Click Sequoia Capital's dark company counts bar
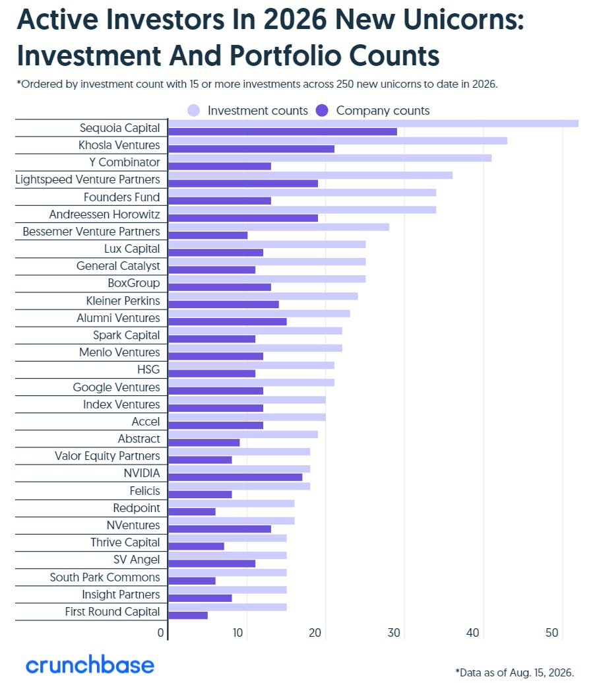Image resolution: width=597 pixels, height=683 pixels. (x=282, y=131)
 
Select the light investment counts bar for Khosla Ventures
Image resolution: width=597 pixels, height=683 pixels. (x=338, y=141)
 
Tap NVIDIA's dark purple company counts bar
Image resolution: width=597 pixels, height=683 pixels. (x=235, y=477)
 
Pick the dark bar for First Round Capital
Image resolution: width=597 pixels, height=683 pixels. (x=188, y=616)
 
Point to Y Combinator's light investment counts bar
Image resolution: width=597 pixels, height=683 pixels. (x=330, y=158)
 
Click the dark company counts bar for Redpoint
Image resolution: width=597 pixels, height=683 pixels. (x=192, y=512)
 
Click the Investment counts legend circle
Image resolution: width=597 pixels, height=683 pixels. (x=194, y=111)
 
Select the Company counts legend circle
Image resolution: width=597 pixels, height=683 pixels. (x=322, y=111)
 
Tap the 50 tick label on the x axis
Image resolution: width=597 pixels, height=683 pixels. (x=551, y=633)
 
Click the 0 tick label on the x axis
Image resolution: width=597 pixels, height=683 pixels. (x=161, y=633)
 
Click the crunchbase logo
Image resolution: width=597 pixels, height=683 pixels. (x=90, y=665)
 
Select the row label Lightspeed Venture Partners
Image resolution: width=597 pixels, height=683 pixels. (x=88, y=179)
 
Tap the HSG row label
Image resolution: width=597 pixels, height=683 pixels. (x=148, y=370)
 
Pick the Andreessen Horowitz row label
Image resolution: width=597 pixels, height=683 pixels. (x=104, y=214)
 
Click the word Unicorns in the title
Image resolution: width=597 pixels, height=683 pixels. (x=464, y=20)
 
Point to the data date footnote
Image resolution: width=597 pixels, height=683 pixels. (x=515, y=672)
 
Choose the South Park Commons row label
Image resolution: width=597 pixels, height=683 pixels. (x=105, y=577)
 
